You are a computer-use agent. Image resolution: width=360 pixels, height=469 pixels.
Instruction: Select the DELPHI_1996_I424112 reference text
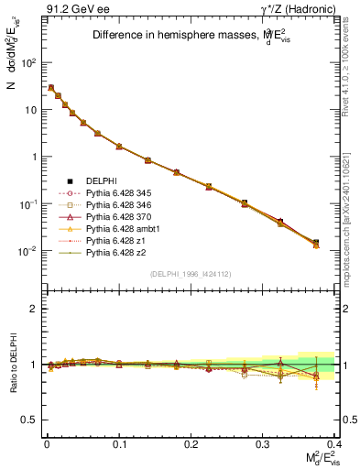[182, 274]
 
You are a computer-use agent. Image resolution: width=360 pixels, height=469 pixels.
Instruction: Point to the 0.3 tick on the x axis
[264, 443]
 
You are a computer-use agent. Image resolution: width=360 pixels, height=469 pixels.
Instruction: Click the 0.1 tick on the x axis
[119, 443]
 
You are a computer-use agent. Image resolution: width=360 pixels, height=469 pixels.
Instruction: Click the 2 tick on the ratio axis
[32, 310]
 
